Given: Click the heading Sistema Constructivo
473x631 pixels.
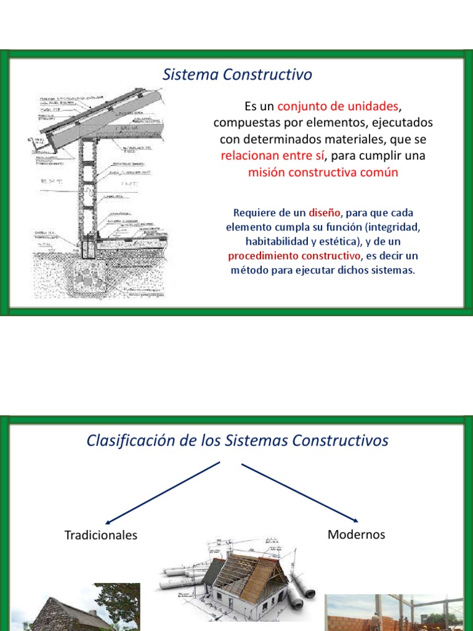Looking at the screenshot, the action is (237, 75).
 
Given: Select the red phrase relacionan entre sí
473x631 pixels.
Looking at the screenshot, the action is (271, 156).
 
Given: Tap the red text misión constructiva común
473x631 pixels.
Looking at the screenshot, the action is (323, 173).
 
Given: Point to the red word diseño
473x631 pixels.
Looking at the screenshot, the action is (324, 213).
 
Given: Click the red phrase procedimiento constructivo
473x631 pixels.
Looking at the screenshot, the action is (294, 256).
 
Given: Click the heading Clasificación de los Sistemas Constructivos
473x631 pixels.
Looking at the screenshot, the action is (237, 441).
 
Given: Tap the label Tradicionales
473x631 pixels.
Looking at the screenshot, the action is (101, 535).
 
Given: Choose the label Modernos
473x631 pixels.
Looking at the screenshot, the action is (356, 534).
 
